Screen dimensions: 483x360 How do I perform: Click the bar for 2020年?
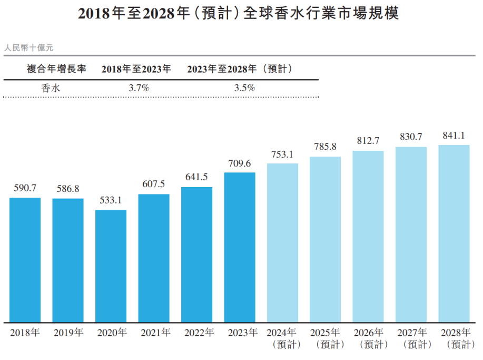[x=111, y=266]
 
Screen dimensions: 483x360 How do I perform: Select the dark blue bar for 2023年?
[x=240, y=248]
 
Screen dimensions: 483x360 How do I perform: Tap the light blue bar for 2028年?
[x=454, y=234]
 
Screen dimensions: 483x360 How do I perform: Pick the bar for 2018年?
[x=25, y=260]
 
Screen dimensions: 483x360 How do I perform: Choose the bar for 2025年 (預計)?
[x=326, y=240]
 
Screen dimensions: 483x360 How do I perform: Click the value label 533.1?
[x=111, y=200]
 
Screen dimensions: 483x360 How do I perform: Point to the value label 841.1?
[x=454, y=135]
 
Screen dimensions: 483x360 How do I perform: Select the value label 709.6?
[x=239, y=163]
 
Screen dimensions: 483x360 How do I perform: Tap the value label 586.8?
[x=68, y=189]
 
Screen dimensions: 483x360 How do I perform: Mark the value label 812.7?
[x=368, y=141]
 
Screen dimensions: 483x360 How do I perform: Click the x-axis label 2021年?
[x=155, y=333]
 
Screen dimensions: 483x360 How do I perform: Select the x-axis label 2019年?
[x=68, y=333]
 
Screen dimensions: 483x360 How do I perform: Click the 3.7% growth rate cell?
[x=139, y=88]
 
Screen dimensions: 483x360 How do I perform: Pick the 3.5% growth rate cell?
[x=244, y=88]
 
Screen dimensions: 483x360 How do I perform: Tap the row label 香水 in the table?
[x=51, y=88]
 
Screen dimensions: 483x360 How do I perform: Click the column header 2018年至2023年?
[x=136, y=69]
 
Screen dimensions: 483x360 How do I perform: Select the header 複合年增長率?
[x=56, y=69]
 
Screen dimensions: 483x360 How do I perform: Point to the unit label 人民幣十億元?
[x=28, y=48]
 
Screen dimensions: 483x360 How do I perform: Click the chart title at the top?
[x=238, y=13]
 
